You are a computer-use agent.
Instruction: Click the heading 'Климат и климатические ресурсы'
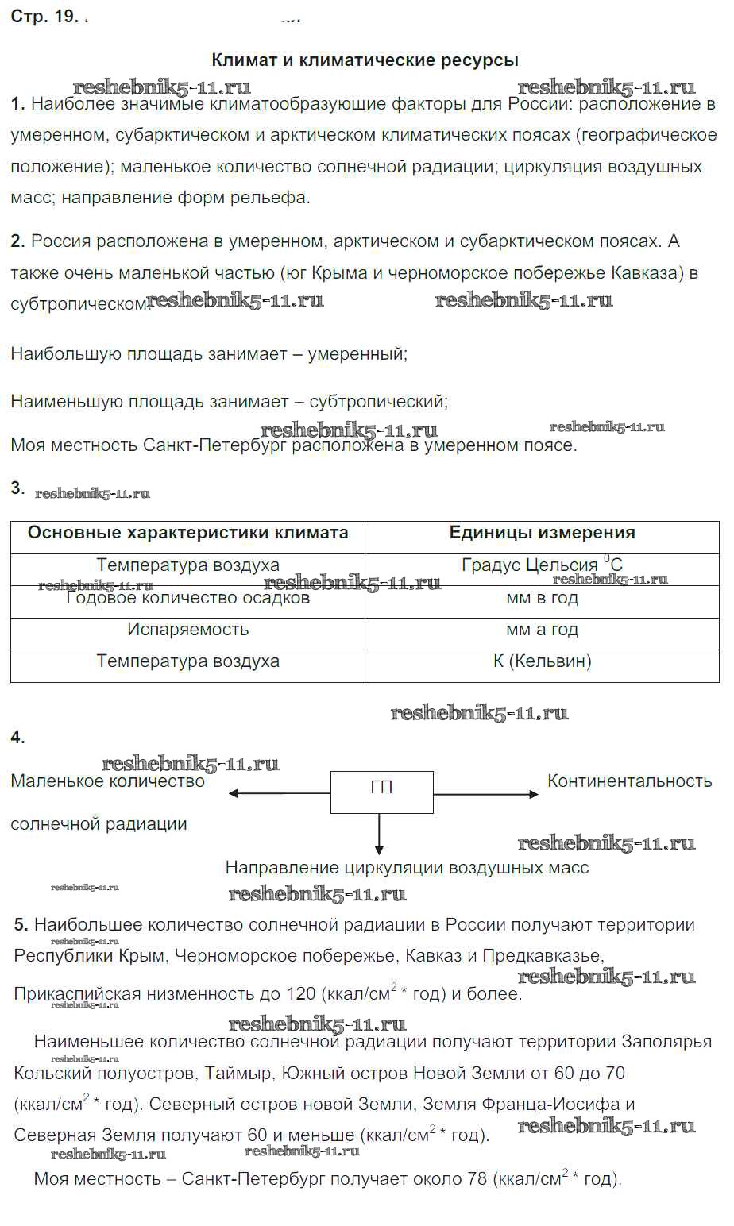point(365,60)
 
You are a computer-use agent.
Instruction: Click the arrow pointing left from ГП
point(278,792)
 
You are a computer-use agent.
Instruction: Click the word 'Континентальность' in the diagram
point(629,781)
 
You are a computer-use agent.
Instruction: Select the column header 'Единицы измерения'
point(542,534)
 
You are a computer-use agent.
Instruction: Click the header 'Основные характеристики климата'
point(187,534)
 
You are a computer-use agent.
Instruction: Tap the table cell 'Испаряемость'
point(187,630)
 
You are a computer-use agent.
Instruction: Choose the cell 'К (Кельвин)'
point(542,661)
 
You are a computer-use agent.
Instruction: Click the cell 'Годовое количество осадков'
point(187,598)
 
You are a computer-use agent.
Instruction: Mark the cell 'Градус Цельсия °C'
point(542,565)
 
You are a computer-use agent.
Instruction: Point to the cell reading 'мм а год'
point(542,630)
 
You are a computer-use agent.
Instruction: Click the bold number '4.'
point(18,738)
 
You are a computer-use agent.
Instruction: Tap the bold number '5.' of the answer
point(21,925)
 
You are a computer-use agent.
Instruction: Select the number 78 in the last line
point(477,1179)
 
